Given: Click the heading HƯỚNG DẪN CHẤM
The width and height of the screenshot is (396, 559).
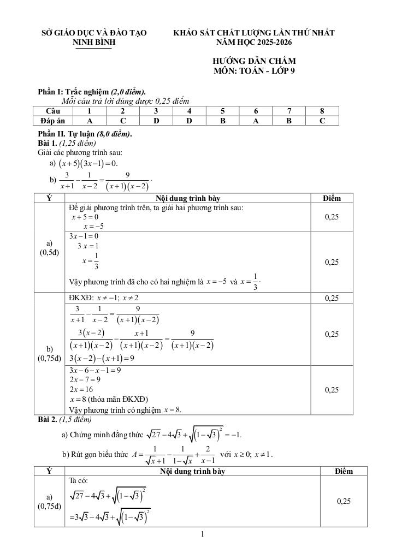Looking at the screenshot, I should coord(254,61).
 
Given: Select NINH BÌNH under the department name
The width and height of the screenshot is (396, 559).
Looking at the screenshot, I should coord(94,42).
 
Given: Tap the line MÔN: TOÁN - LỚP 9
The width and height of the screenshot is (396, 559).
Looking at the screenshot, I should coord(254,71).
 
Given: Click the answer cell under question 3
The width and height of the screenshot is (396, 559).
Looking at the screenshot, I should coord(156,120).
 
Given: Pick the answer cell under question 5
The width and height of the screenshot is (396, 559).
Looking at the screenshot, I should coord(223,120).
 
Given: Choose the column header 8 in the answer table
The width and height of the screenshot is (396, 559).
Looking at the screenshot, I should coord(322,111).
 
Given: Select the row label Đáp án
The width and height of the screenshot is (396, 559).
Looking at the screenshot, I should coord(53,120).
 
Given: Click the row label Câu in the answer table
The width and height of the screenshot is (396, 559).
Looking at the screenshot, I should coord(53,111).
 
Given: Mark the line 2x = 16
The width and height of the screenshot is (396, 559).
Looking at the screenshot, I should coord(81,389).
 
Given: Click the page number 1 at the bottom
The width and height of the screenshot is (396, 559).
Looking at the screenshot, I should coord(202,534).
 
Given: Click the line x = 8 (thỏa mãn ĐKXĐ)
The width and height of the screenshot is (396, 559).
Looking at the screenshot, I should coord(109,399).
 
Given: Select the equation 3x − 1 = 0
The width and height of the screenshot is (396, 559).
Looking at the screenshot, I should coord(84,236).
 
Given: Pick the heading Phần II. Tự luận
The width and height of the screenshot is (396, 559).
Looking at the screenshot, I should coord(85,134).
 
